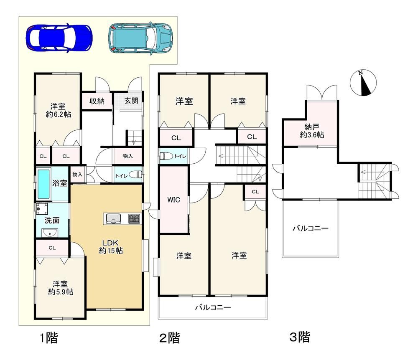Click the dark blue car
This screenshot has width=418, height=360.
pyautogui.click(x=59, y=38)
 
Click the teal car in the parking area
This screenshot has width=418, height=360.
pyautogui.click(x=140, y=38)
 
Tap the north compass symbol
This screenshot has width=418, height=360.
pyautogui.click(x=363, y=83)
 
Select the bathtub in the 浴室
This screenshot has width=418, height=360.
pyautogui.click(x=44, y=184)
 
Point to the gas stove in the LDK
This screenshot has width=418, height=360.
pyautogui.click(x=134, y=219)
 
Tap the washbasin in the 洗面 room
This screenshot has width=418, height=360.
pyautogui.click(x=50, y=233)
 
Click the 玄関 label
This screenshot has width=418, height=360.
pyautogui.click(x=131, y=101)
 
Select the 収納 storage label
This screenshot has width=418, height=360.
pyautogui.click(x=97, y=101)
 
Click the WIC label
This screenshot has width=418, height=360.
pyautogui.click(x=173, y=200)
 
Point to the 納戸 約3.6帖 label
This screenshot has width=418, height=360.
pyautogui.click(x=312, y=131)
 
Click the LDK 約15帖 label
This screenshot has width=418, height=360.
pyautogui.click(x=111, y=246)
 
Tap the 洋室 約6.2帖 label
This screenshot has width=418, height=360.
pyautogui.click(x=59, y=111)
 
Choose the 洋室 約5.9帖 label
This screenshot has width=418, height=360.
pyautogui.click(x=61, y=288)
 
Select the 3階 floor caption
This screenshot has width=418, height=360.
pyautogui.click(x=300, y=337)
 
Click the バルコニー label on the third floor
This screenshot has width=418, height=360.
pyautogui.click(x=311, y=228)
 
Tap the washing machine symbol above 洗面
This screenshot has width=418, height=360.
pyautogui.click(x=42, y=209)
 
